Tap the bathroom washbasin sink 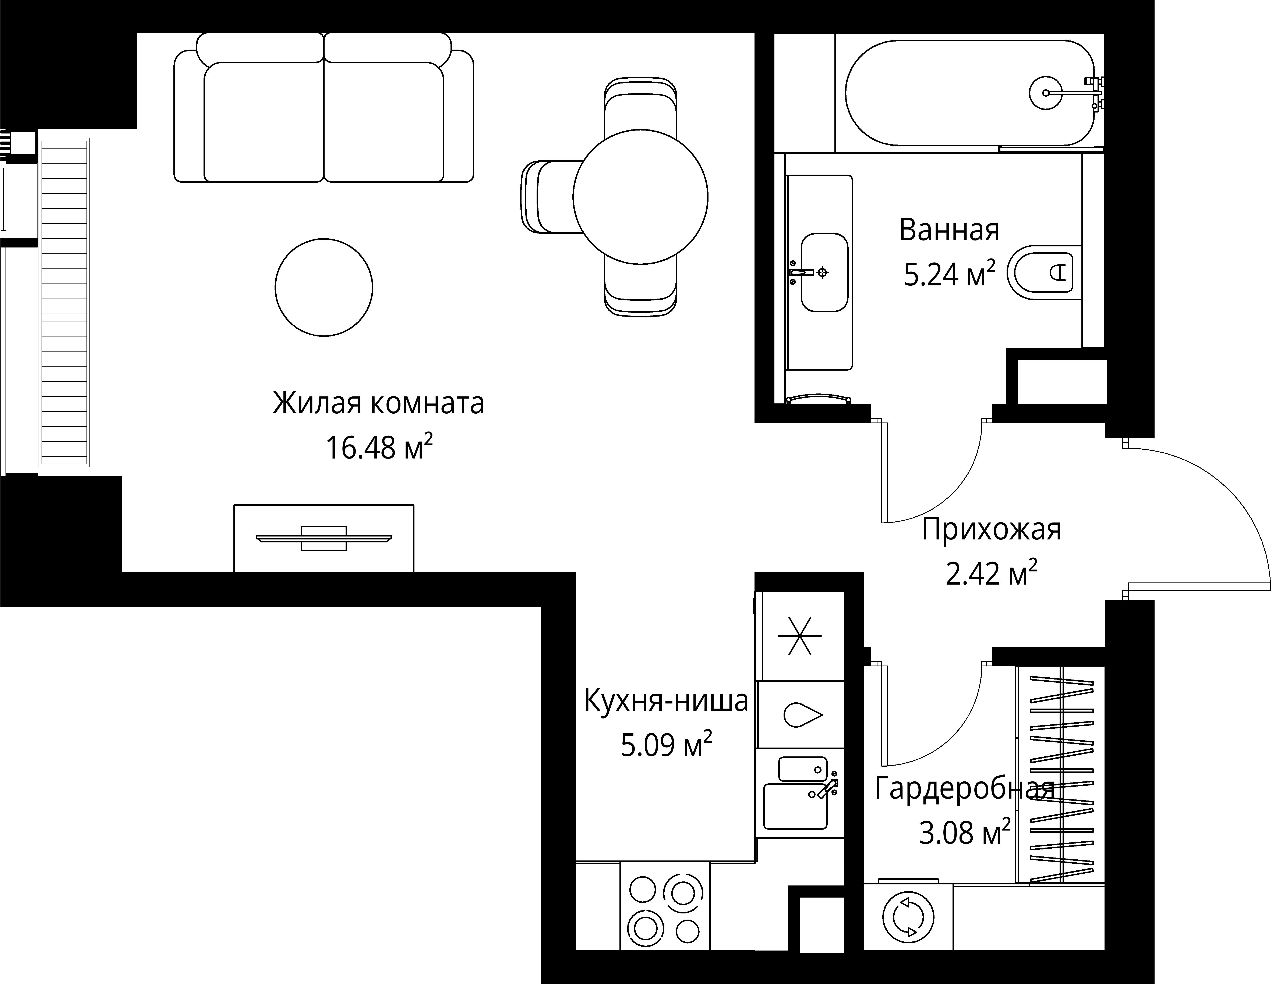click(824, 272)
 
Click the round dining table click(640, 197)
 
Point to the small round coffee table click(324, 287)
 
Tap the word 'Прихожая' click(991, 530)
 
